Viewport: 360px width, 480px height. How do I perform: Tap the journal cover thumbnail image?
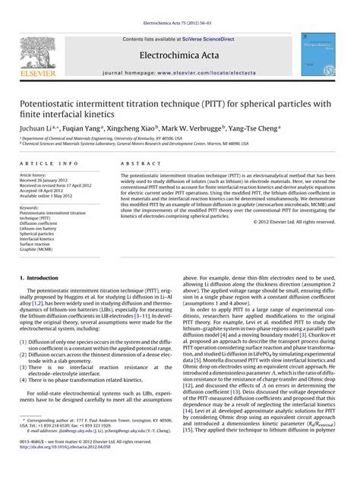pyautogui.click(x=320, y=53)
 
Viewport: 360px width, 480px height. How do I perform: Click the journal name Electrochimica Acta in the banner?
pyautogui.click(x=179, y=55)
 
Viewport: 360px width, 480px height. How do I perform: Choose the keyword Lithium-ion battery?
pyautogui.click(x=41, y=229)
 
